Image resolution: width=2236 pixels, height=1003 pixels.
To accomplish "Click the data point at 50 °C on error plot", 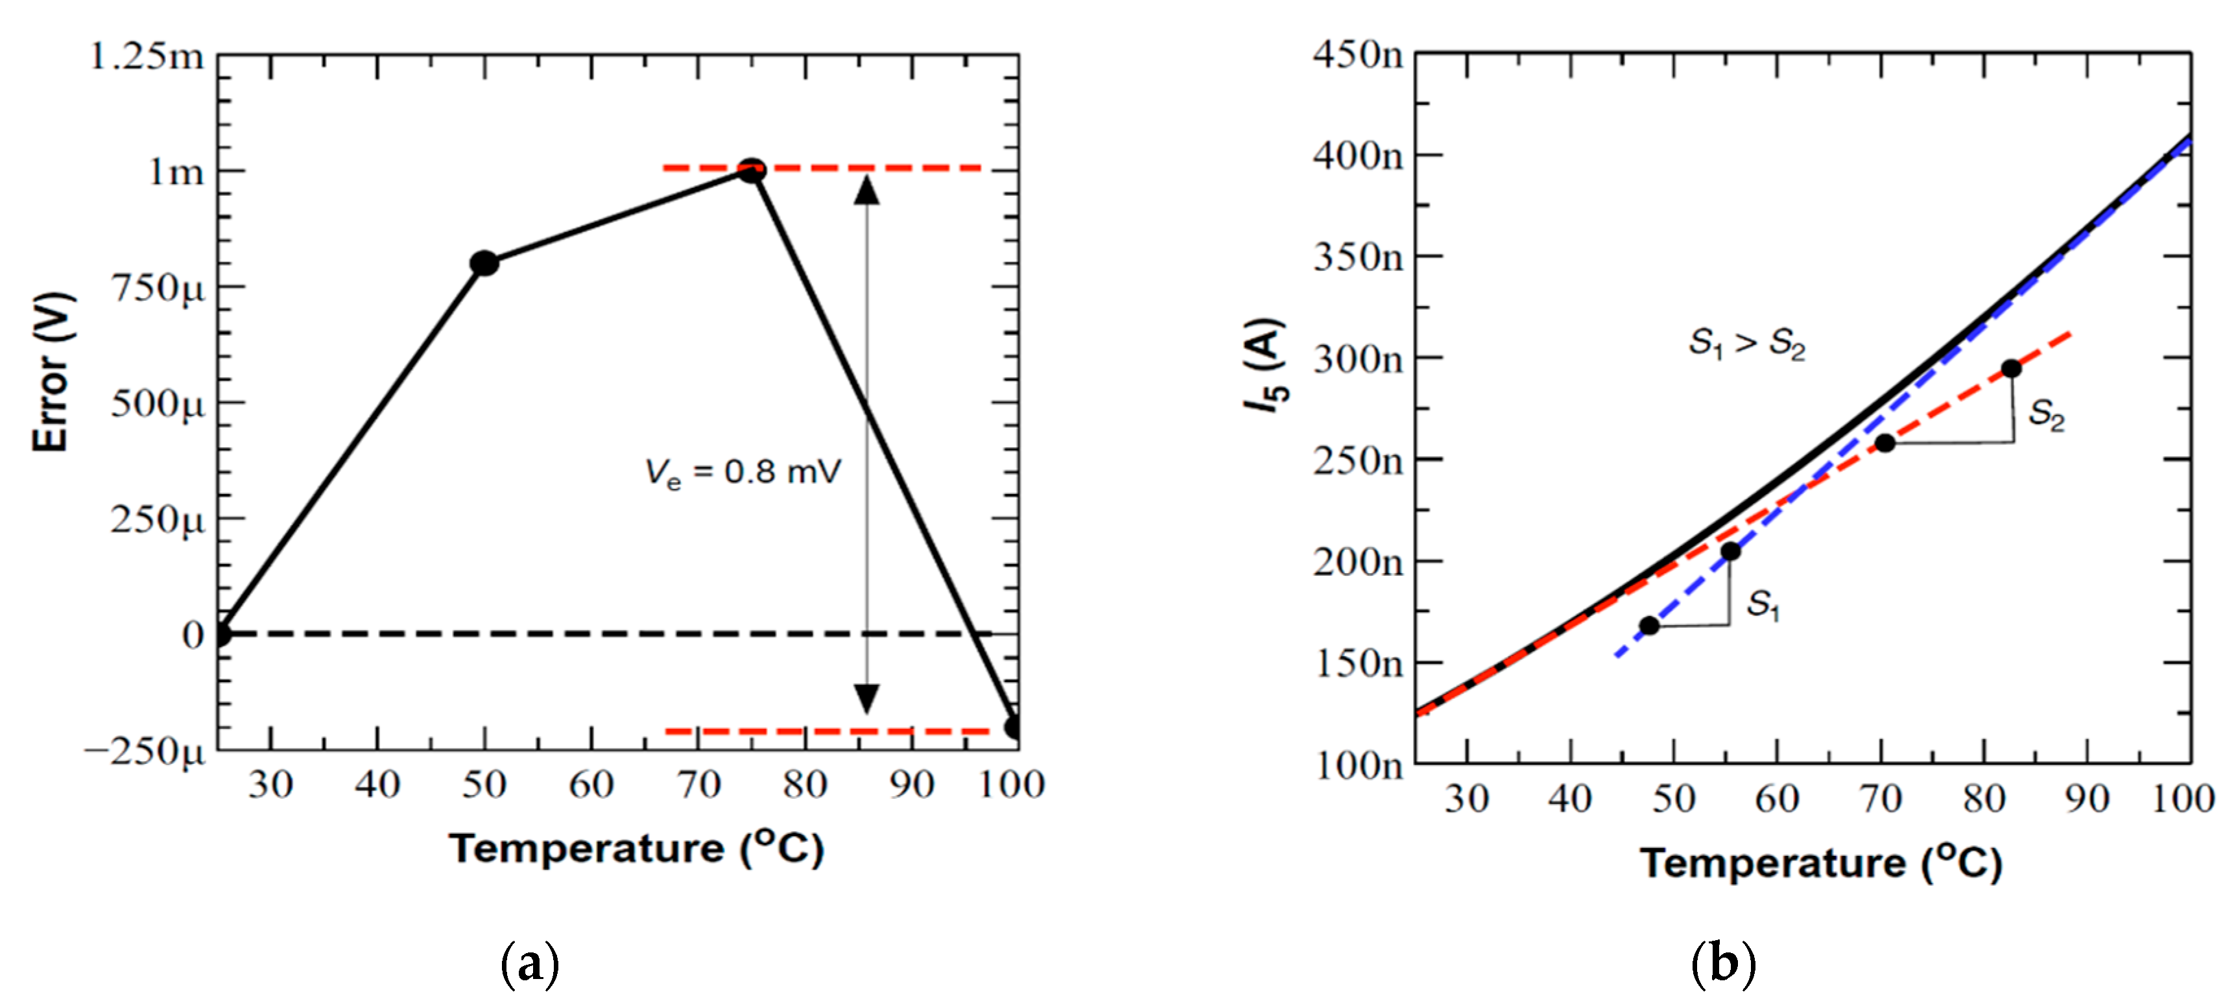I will (x=484, y=263).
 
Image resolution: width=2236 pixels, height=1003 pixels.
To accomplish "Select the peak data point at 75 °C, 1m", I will (x=752, y=170).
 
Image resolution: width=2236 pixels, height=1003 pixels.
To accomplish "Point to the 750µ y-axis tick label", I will (x=158, y=288).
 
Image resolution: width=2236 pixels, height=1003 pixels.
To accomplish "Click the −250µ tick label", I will (x=145, y=751).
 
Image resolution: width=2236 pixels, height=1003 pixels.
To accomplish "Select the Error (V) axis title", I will (x=52, y=372).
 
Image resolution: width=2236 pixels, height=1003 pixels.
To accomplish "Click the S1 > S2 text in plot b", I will (x=1746, y=344).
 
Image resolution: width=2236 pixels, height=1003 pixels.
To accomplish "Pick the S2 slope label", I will (x=2046, y=415).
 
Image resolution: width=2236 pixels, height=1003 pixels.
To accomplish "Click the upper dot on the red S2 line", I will (x=2011, y=369).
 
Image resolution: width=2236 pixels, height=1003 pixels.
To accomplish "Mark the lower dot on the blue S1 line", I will (x=1649, y=626).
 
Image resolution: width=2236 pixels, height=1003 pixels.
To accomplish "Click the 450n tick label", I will (x=1357, y=54).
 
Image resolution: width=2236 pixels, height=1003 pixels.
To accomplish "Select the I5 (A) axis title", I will (x=1264, y=365).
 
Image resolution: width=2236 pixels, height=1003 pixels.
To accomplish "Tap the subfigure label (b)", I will (x=1724, y=964).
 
